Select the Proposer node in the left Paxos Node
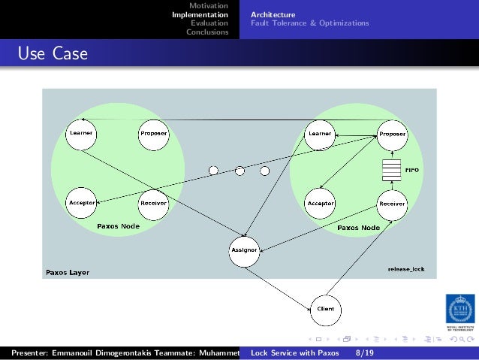click(x=153, y=134)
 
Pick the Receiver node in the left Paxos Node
click(x=153, y=203)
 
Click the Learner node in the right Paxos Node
click(x=319, y=134)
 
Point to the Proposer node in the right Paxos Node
click(x=392, y=134)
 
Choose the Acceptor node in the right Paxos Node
click(x=320, y=203)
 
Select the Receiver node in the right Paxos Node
click(x=392, y=203)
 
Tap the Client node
click(x=326, y=308)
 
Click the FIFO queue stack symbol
click(x=389, y=171)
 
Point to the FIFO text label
click(x=411, y=171)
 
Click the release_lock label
click(x=406, y=268)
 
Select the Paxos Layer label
click(x=68, y=272)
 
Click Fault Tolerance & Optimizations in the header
click(x=309, y=23)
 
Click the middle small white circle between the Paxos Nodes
click(x=240, y=171)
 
